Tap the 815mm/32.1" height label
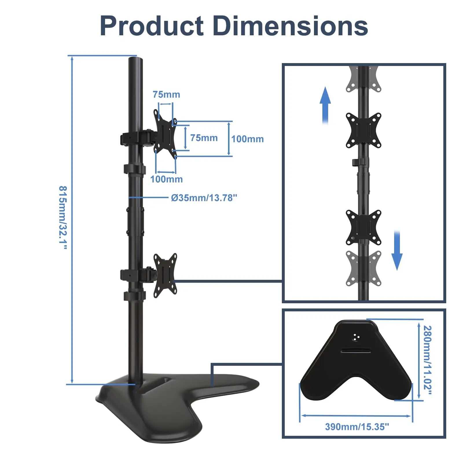(63, 218)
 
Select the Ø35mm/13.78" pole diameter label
(204, 198)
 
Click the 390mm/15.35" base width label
(357, 427)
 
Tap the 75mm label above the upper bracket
(166, 94)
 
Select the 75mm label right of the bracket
(204, 138)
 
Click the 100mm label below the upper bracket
(166, 179)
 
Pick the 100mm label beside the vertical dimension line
(247, 139)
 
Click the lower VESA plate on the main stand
(165, 275)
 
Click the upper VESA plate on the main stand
(165, 134)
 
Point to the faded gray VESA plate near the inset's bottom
(363, 269)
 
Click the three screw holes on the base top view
(356, 337)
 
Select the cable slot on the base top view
(356, 351)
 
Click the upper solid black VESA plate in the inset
(363, 131)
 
